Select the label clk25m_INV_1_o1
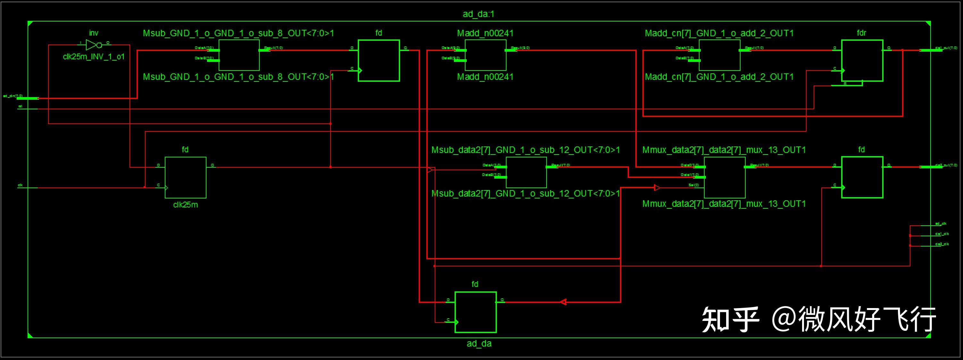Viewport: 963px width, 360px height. click(x=94, y=57)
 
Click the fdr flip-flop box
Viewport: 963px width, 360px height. click(x=862, y=60)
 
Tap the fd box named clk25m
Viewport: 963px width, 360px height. click(x=185, y=177)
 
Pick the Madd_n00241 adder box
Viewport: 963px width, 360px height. click(x=485, y=55)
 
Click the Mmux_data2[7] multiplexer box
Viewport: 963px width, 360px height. click(x=724, y=177)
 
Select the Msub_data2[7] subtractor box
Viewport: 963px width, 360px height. click(x=526, y=172)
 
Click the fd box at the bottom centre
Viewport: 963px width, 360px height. click(x=475, y=312)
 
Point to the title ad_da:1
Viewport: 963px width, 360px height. click(x=478, y=14)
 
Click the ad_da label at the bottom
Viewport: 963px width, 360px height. click(x=479, y=344)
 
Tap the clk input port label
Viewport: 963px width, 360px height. click(x=20, y=185)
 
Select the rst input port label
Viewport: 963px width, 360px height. click(x=20, y=106)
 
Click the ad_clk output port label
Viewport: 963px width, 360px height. click(x=940, y=223)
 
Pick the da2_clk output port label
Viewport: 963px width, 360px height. click(x=942, y=244)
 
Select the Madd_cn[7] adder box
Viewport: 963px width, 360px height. click(x=719, y=55)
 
